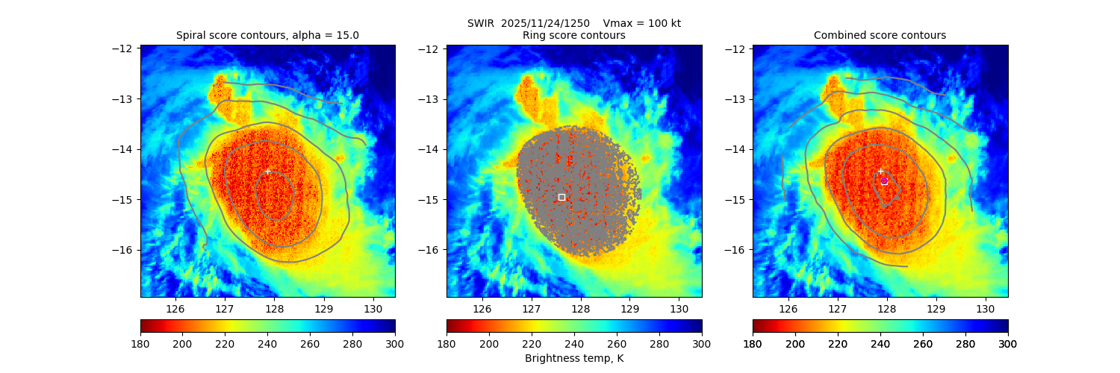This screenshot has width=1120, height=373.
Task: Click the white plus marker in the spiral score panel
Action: click(x=267, y=171)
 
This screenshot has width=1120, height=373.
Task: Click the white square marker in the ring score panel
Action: click(x=561, y=197)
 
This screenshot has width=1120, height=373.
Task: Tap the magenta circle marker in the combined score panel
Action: click(x=884, y=181)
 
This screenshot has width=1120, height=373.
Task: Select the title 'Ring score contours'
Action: click(x=574, y=35)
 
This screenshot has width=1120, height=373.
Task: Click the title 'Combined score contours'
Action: click(x=880, y=35)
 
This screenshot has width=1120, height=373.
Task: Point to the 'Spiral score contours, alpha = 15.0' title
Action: click(x=267, y=35)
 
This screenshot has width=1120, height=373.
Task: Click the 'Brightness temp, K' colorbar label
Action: click(x=574, y=358)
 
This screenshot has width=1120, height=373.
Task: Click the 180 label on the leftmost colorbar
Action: click(x=140, y=343)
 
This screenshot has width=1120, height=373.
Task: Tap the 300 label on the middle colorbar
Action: click(x=702, y=343)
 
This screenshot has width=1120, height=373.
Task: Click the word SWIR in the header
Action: click(x=482, y=23)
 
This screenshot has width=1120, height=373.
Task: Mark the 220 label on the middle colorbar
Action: click(x=532, y=343)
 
